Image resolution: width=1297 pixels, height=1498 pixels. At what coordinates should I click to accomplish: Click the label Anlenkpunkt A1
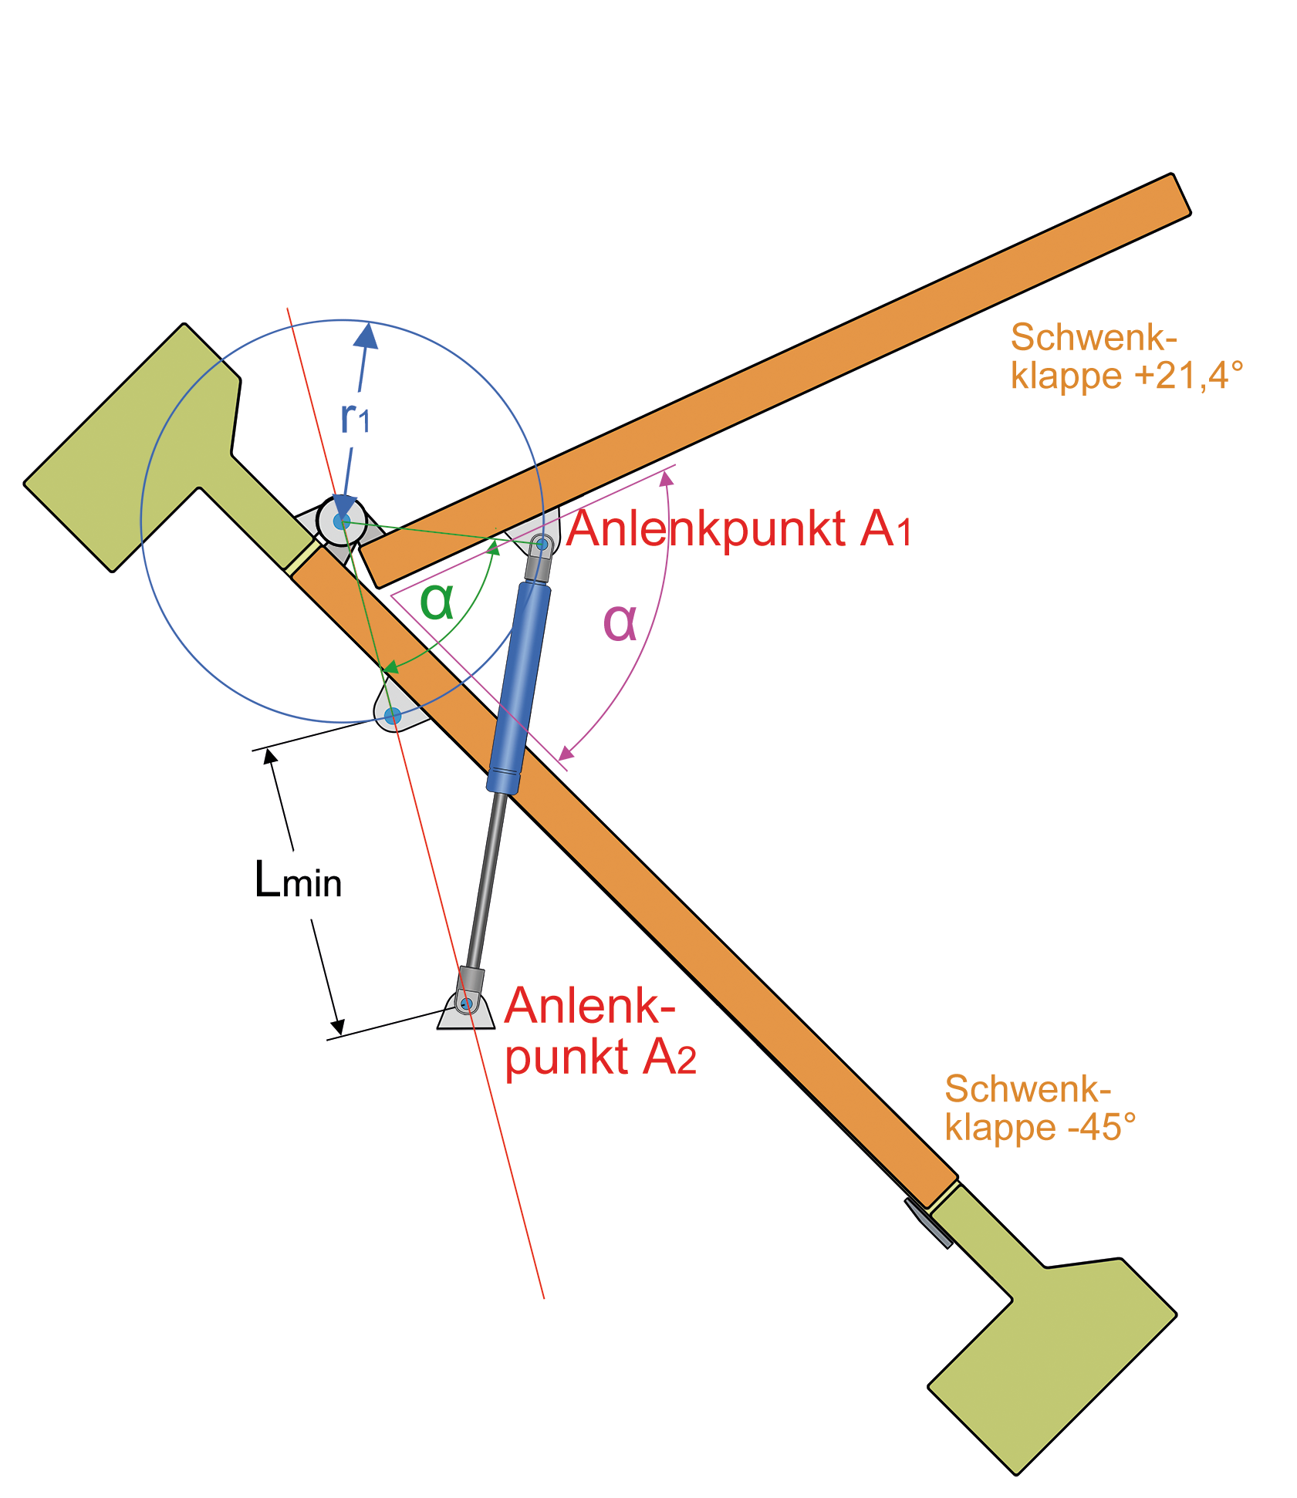738,529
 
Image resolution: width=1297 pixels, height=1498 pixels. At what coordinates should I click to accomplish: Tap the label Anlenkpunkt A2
600,1031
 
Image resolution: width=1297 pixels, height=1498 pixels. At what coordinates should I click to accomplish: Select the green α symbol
437,601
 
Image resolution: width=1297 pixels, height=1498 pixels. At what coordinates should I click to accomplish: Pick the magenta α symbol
620,621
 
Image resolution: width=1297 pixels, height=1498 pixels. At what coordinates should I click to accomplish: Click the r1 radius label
355,418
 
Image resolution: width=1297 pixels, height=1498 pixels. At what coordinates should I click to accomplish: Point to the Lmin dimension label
298,880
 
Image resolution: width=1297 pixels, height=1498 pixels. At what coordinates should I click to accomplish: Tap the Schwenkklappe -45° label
1039,1108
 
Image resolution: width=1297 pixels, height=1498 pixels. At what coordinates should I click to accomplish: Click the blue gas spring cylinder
519,687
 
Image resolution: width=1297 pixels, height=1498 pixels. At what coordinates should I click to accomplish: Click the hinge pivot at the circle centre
342,522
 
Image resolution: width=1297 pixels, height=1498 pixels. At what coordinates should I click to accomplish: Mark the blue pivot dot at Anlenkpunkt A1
542,545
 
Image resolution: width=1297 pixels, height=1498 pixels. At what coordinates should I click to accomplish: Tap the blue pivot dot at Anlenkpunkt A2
466,1004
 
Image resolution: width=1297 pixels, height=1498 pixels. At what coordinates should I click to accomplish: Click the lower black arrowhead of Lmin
337,1027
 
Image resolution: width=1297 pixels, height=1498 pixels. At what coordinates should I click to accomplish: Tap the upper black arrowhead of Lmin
270,757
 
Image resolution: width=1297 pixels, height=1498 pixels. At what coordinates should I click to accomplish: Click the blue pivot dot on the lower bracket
393,716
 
